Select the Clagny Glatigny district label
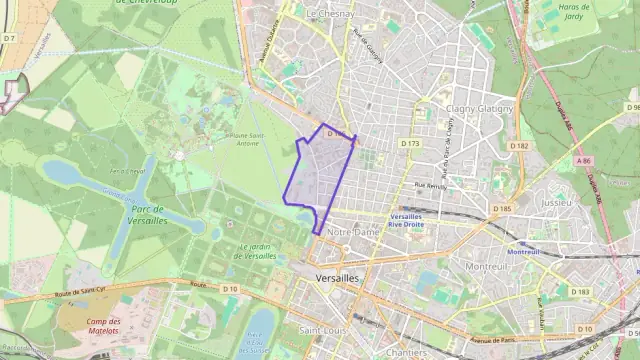(x=479, y=108)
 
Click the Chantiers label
(x=406, y=352)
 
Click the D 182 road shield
(x=518, y=146)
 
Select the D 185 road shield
(x=502, y=209)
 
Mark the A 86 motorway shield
(x=584, y=159)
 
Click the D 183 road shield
(x=579, y=291)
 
